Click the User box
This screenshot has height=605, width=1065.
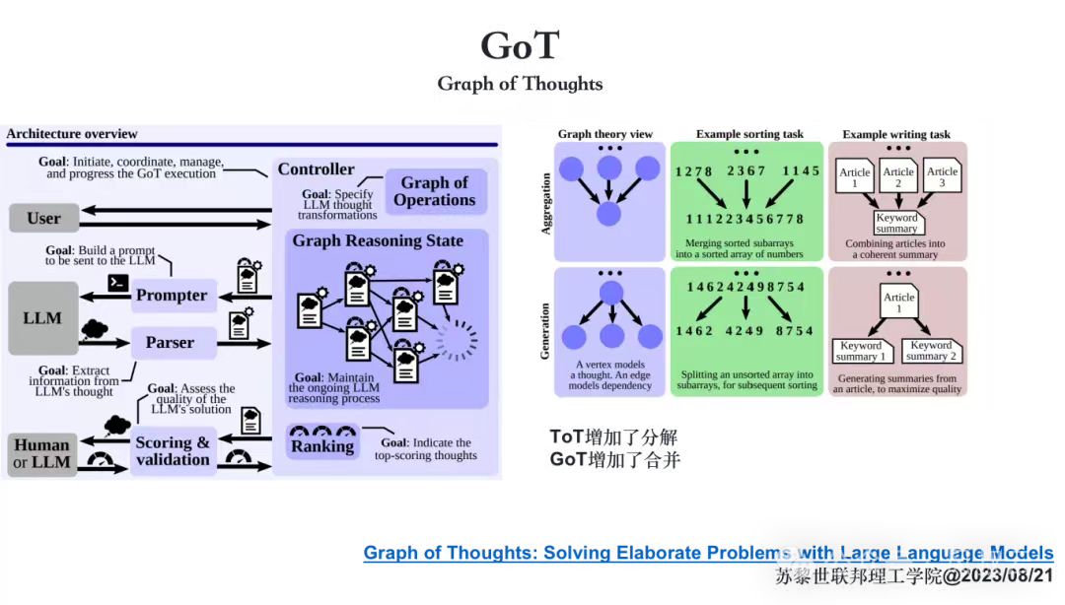click(x=43, y=218)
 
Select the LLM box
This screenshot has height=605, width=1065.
click(x=43, y=318)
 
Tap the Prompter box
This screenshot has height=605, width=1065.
click(x=173, y=296)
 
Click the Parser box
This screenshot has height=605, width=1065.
click(x=171, y=343)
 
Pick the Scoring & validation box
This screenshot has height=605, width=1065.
click(x=173, y=451)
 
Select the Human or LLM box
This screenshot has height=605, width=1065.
click(x=42, y=454)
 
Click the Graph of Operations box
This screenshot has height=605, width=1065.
click(x=434, y=191)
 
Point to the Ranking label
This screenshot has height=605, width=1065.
click(x=322, y=445)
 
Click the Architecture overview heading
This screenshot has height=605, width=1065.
click(x=72, y=134)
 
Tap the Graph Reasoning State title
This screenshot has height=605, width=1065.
click(x=378, y=241)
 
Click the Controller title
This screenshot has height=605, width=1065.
click(x=316, y=169)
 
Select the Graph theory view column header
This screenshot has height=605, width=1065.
click(x=604, y=134)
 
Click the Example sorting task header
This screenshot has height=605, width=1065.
click(x=748, y=134)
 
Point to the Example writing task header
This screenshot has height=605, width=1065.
click(x=897, y=134)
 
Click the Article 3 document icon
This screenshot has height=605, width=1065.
click(x=942, y=177)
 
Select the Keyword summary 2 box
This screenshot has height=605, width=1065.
click(x=931, y=351)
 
